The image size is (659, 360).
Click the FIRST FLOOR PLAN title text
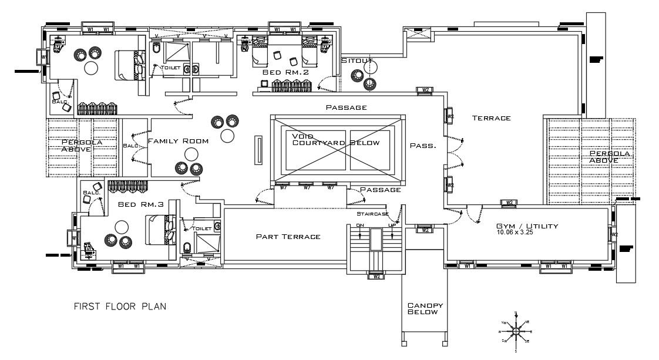point(120,306)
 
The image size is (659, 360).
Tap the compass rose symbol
point(515,331)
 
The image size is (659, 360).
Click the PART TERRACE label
point(288,237)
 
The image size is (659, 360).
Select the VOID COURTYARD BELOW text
point(335,139)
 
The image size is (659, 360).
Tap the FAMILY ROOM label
point(179,141)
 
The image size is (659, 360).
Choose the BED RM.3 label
point(140,204)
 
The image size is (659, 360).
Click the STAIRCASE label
point(373,214)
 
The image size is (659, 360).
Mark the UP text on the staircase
point(392,224)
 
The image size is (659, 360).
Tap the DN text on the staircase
point(361,224)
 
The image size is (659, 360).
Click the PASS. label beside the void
point(423,145)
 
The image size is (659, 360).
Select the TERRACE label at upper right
point(492,118)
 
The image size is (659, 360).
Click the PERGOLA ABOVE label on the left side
point(77,145)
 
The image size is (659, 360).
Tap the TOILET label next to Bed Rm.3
point(202,228)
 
